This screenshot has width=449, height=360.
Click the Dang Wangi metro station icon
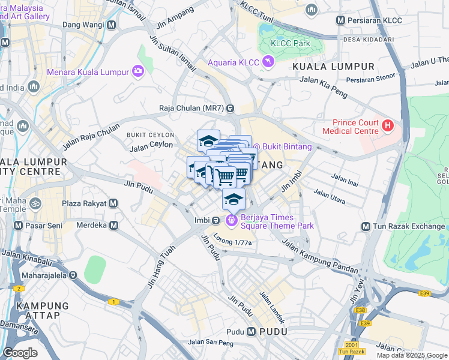click(112, 26)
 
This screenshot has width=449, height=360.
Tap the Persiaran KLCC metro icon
click(341, 20)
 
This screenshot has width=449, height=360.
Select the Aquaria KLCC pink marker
click(268, 61)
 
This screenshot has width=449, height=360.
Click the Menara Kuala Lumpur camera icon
click(139, 72)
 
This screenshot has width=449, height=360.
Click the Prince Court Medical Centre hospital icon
click(388, 125)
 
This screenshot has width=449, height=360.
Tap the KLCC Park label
click(291, 43)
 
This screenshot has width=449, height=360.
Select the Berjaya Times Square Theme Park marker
click(232, 221)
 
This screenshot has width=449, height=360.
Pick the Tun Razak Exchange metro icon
click(366, 227)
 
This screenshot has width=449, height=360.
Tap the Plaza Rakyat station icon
click(113, 203)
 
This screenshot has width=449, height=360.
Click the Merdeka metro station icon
click(114, 225)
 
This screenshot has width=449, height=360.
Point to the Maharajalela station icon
click(73, 276)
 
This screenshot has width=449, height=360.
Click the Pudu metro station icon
click(251, 332)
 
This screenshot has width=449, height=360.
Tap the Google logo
click(20, 353)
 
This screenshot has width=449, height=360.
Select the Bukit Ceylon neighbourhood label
click(149, 135)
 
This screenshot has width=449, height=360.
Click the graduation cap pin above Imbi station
click(234, 199)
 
